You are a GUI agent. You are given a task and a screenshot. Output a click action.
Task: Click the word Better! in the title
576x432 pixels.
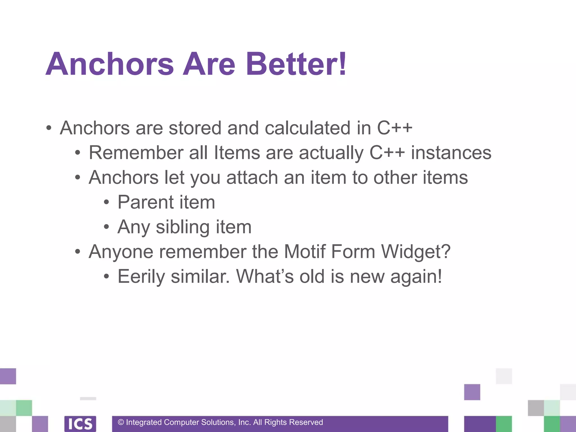[296, 64]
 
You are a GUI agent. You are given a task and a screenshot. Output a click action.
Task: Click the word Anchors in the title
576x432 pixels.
[110, 64]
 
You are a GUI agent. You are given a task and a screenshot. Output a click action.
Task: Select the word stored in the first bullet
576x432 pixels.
[195, 128]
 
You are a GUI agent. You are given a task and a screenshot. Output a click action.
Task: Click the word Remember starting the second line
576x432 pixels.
[136, 153]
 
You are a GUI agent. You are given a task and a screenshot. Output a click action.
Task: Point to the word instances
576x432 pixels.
[451, 153]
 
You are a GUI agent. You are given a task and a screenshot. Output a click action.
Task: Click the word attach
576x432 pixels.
[252, 178]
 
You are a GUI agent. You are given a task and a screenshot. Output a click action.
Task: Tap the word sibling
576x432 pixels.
[183, 227]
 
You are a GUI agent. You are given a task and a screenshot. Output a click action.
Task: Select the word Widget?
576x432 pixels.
[416, 251]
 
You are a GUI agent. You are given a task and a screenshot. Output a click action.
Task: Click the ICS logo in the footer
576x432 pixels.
[80, 424]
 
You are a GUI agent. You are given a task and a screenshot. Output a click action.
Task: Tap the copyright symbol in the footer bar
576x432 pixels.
[121, 422]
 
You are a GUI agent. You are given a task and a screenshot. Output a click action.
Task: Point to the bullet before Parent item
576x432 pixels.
[106, 202]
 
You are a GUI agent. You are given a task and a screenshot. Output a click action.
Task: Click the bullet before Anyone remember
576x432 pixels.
[78, 252]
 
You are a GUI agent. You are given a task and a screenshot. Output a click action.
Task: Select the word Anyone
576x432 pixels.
[121, 252]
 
